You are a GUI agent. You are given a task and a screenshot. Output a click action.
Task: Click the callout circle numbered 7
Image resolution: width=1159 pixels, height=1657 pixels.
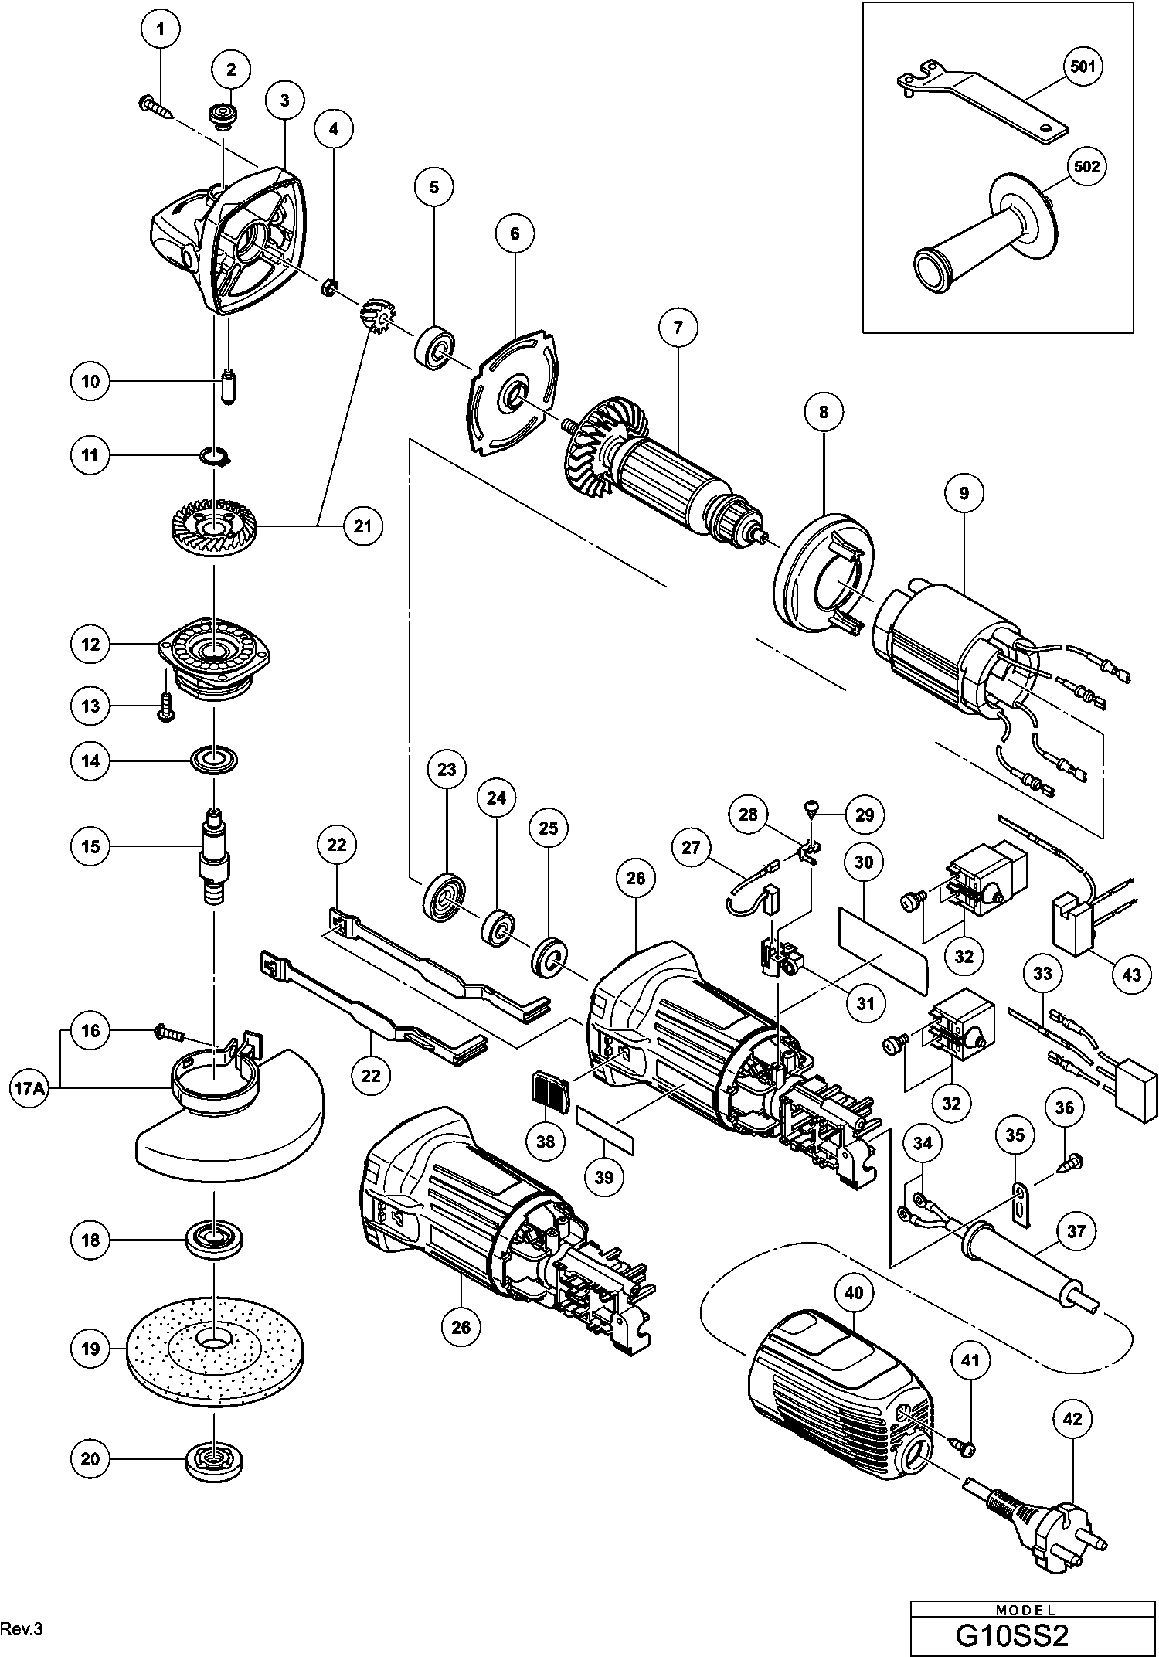[678, 327]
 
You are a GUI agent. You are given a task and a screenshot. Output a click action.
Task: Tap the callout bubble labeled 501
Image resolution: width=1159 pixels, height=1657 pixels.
[1082, 66]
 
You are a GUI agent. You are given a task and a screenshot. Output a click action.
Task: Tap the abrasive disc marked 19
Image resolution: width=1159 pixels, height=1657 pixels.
[214, 1349]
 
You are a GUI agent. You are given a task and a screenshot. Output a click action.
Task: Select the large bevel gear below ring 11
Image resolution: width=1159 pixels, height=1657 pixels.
[213, 527]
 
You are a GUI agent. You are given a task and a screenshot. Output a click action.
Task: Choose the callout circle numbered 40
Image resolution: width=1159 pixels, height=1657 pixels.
[854, 1292]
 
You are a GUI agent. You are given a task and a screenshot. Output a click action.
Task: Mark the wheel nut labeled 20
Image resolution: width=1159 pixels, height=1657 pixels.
[212, 1458]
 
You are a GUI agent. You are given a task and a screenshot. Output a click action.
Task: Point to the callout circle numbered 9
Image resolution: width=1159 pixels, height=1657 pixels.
[964, 493]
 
